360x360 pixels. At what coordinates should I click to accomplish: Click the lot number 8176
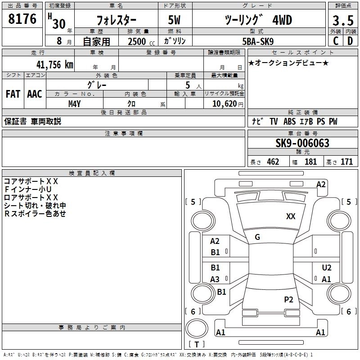coord(22,19)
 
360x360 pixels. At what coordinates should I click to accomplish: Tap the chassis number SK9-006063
coord(302,143)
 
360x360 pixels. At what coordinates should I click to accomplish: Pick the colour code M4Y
coord(74,103)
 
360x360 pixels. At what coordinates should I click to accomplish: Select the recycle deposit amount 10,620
coord(224,103)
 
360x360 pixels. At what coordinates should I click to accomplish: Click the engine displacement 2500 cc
coord(137,41)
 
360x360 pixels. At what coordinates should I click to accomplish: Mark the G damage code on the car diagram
coord(257,237)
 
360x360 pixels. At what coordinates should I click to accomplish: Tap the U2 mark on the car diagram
coord(327,267)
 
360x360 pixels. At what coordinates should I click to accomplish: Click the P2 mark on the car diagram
coord(288,299)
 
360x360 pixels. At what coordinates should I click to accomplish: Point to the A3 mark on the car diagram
coord(215,279)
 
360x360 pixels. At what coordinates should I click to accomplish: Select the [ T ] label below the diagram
coord(197,345)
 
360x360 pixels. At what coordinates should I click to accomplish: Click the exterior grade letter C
coord(335,41)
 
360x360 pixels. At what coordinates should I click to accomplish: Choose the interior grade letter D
coord(350,41)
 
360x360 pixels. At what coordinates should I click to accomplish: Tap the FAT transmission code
coord(13,94)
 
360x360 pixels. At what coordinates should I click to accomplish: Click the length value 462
coord(273,162)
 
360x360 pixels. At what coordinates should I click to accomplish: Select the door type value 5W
coord(175,20)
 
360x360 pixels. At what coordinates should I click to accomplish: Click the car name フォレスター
coord(116,20)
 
